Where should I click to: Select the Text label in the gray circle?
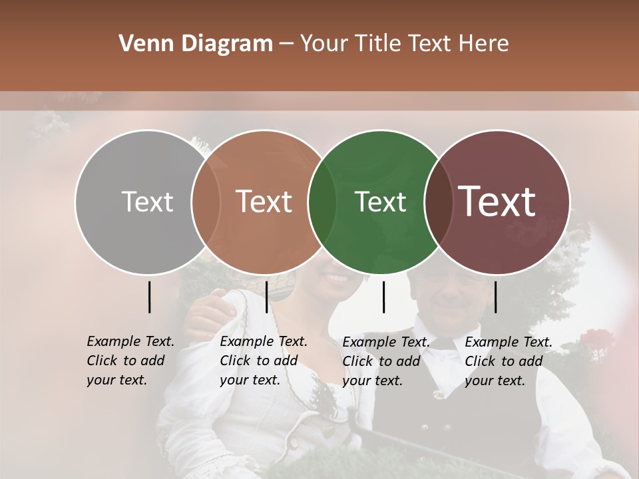tap(147, 202)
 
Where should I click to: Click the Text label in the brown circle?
tap(264, 202)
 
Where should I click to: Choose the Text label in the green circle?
tap(381, 202)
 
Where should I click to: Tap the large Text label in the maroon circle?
tap(497, 202)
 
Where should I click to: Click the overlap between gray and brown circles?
tap(206, 202)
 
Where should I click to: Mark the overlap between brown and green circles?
tap(322, 202)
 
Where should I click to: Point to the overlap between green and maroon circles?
tap(439, 202)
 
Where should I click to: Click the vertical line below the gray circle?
tap(150, 297)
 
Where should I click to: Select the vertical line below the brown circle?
tap(266, 297)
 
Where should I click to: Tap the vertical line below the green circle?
tap(384, 297)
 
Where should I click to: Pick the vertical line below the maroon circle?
tap(495, 297)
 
